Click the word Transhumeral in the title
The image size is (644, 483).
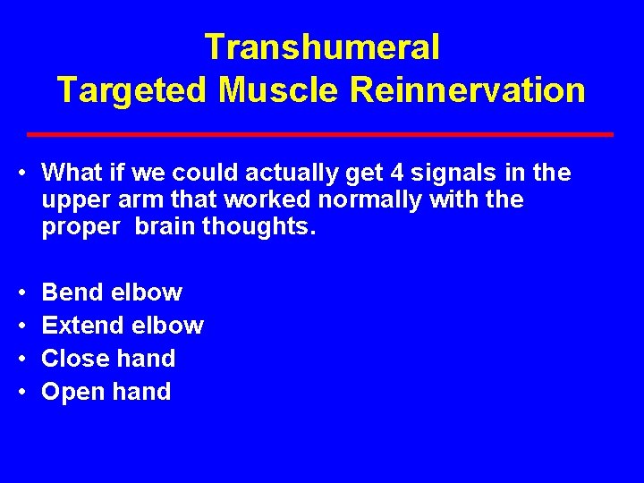[322, 47]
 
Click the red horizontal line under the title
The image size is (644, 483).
[320, 134]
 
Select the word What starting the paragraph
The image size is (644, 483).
[72, 172]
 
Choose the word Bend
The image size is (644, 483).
[72, 292]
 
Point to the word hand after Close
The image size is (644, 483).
[147, 359]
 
